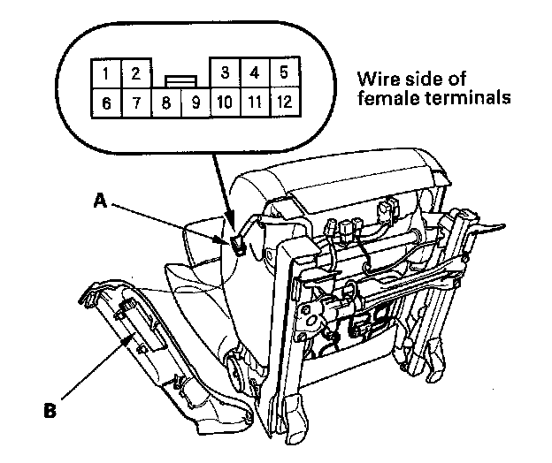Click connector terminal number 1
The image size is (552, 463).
[106, 72]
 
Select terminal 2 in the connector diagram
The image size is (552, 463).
[135, 72]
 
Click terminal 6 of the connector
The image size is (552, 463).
[106, 102]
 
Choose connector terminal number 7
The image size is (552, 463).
[135, 102]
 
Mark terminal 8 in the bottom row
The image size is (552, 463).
[165, 102]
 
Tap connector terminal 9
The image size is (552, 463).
[195, 102]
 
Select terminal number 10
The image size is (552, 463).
[225, 102]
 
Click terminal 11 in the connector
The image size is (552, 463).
[254, 102]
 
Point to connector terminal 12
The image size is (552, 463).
[283, 102]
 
